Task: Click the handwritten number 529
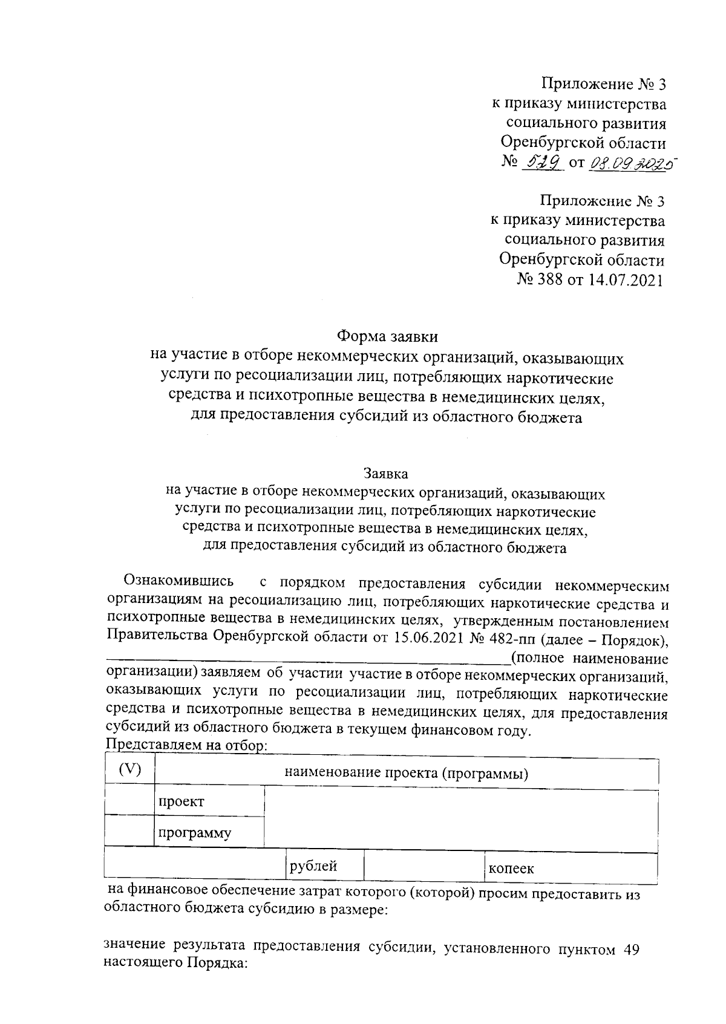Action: [546, 161]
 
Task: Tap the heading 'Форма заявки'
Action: [387, 335]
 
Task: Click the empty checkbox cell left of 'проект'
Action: [129, 800]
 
